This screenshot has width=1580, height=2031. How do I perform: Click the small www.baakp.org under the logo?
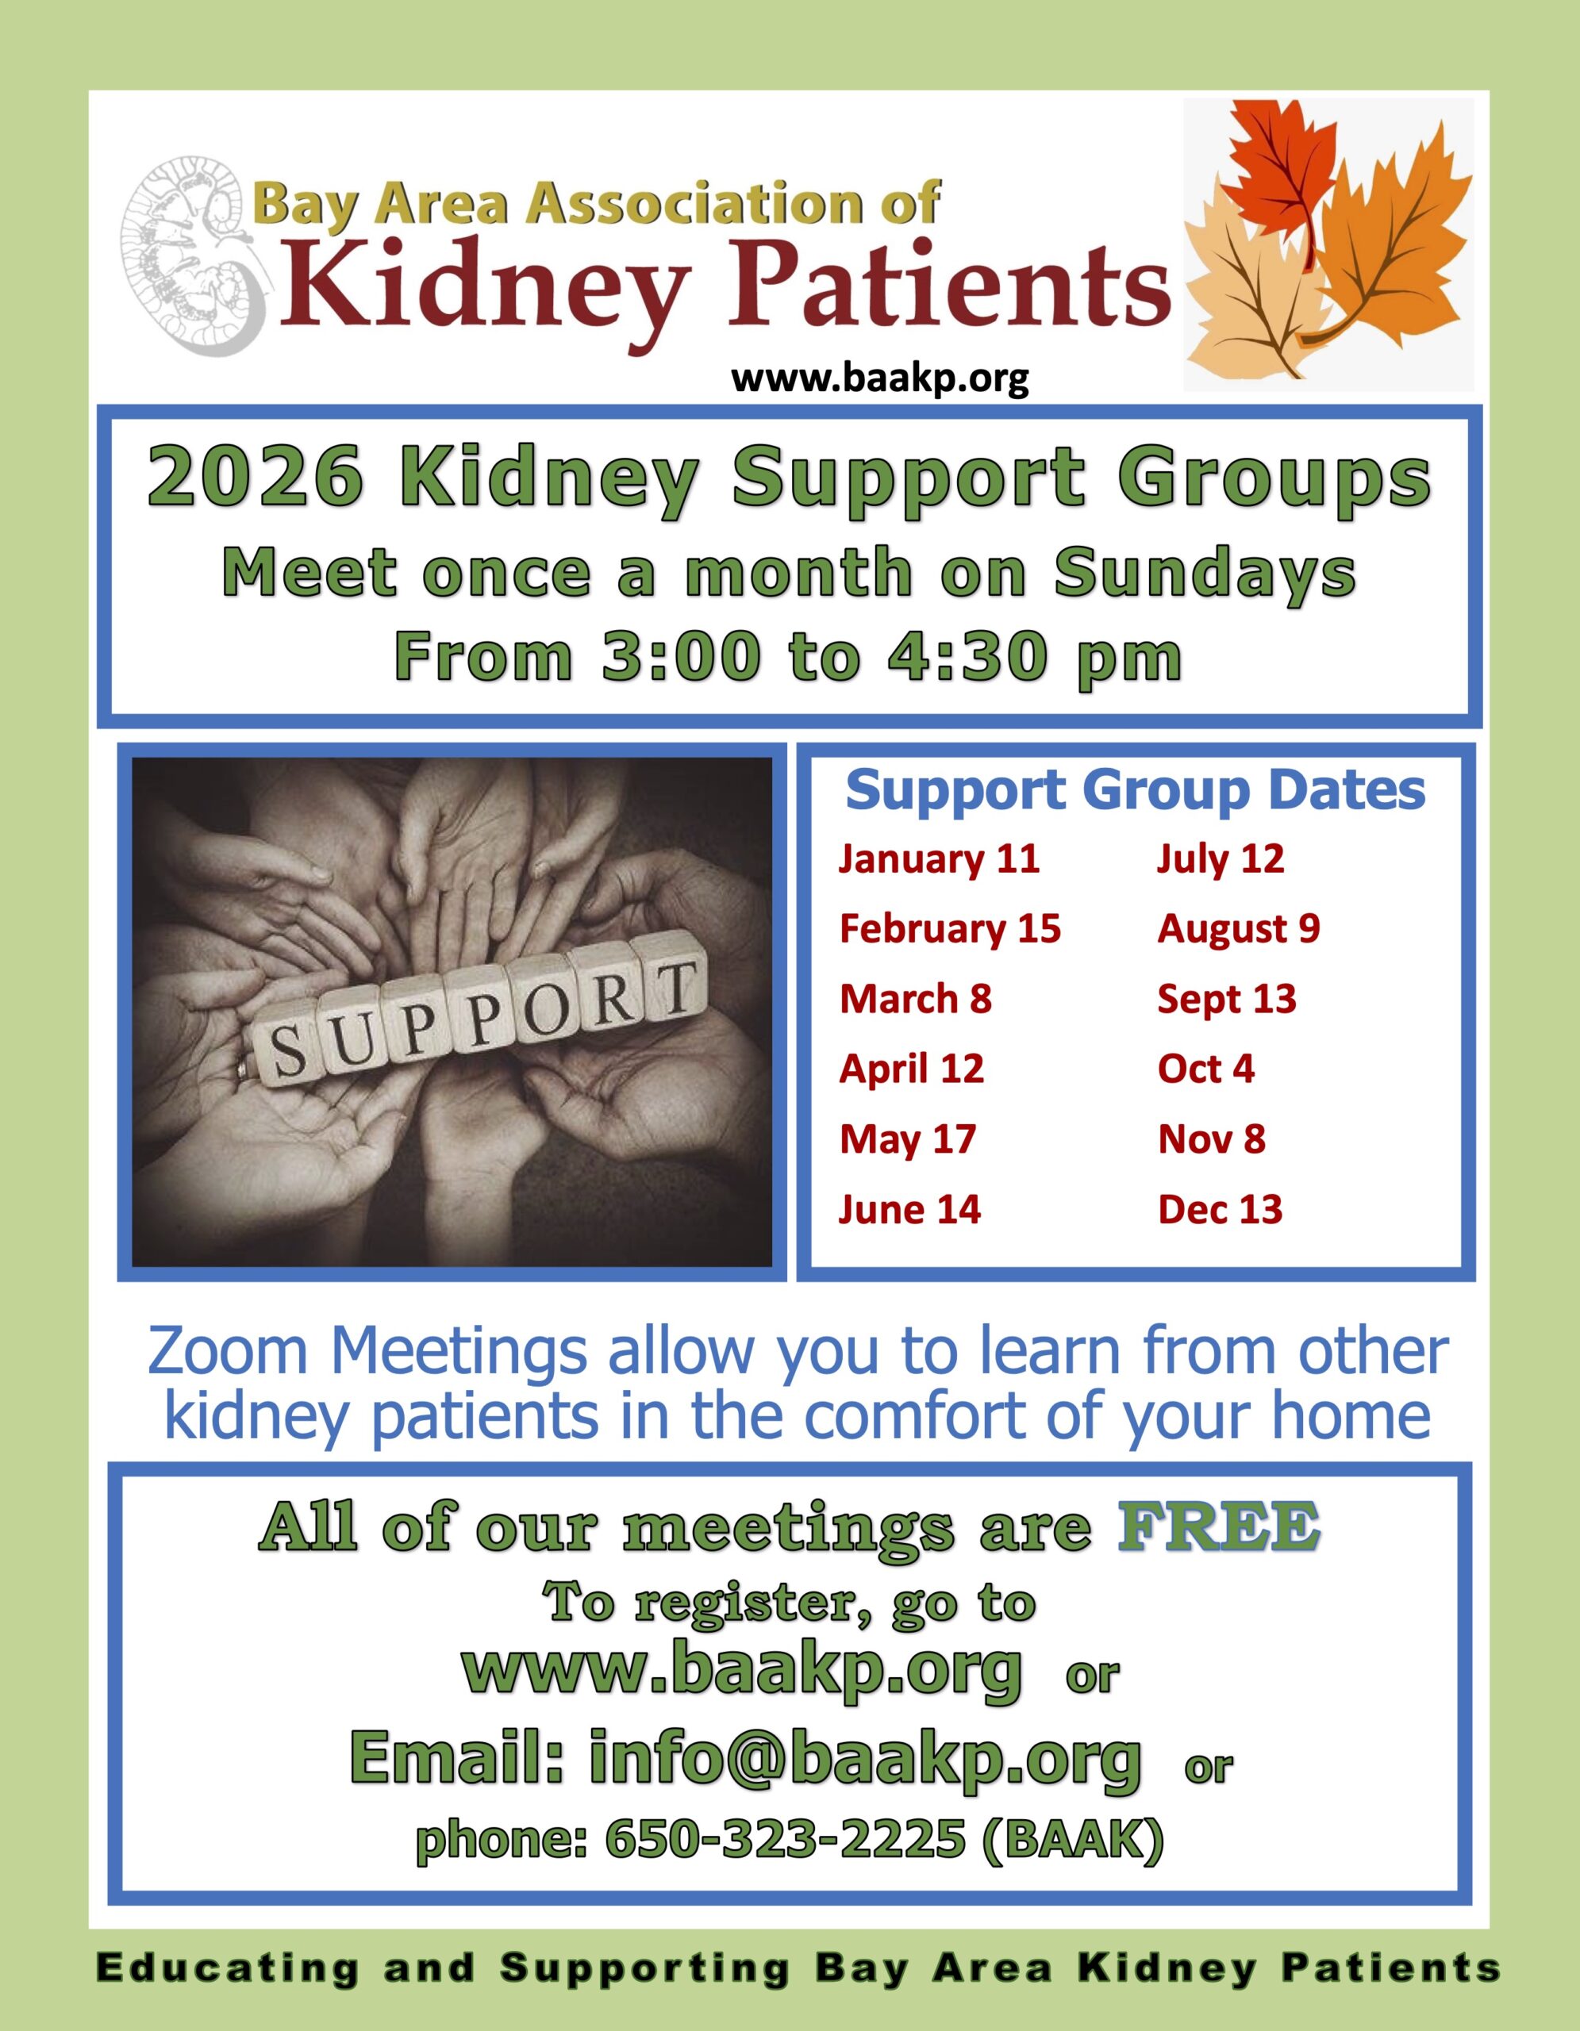[880, 378]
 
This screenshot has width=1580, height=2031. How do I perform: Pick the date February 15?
[949, 928]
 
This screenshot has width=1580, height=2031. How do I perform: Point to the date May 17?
[908, 1139]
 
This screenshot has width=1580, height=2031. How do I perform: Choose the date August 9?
[1239, 928]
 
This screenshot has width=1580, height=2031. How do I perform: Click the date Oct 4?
[1206, 1069]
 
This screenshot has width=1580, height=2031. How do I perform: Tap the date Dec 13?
[1220, 1209]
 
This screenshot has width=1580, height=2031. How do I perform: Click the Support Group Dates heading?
[1135, 790]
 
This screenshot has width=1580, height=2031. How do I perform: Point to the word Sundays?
[1205, 573]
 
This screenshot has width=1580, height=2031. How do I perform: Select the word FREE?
[1218, 1526]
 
